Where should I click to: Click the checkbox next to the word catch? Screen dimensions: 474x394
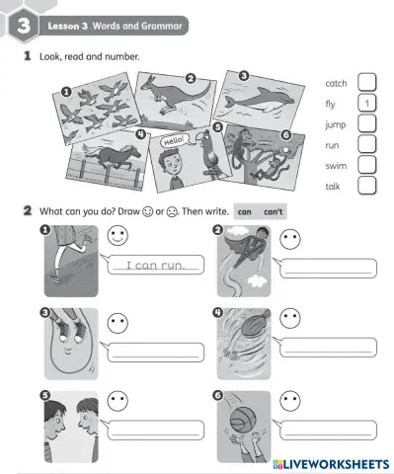(x=365, y=83)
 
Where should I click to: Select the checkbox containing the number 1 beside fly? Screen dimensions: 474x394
(x=365, y=104)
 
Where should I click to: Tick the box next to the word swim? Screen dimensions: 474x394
(x=365, y=165)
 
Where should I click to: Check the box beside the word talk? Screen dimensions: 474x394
(x=365, y=185)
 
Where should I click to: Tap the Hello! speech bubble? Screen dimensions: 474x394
(x=174, y=140)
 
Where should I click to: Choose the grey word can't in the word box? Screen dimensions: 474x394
(x=273, y=211)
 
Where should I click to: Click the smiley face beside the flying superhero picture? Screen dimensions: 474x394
(x=290, y=238)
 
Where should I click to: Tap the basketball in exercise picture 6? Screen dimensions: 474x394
(x=242, y=424)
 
